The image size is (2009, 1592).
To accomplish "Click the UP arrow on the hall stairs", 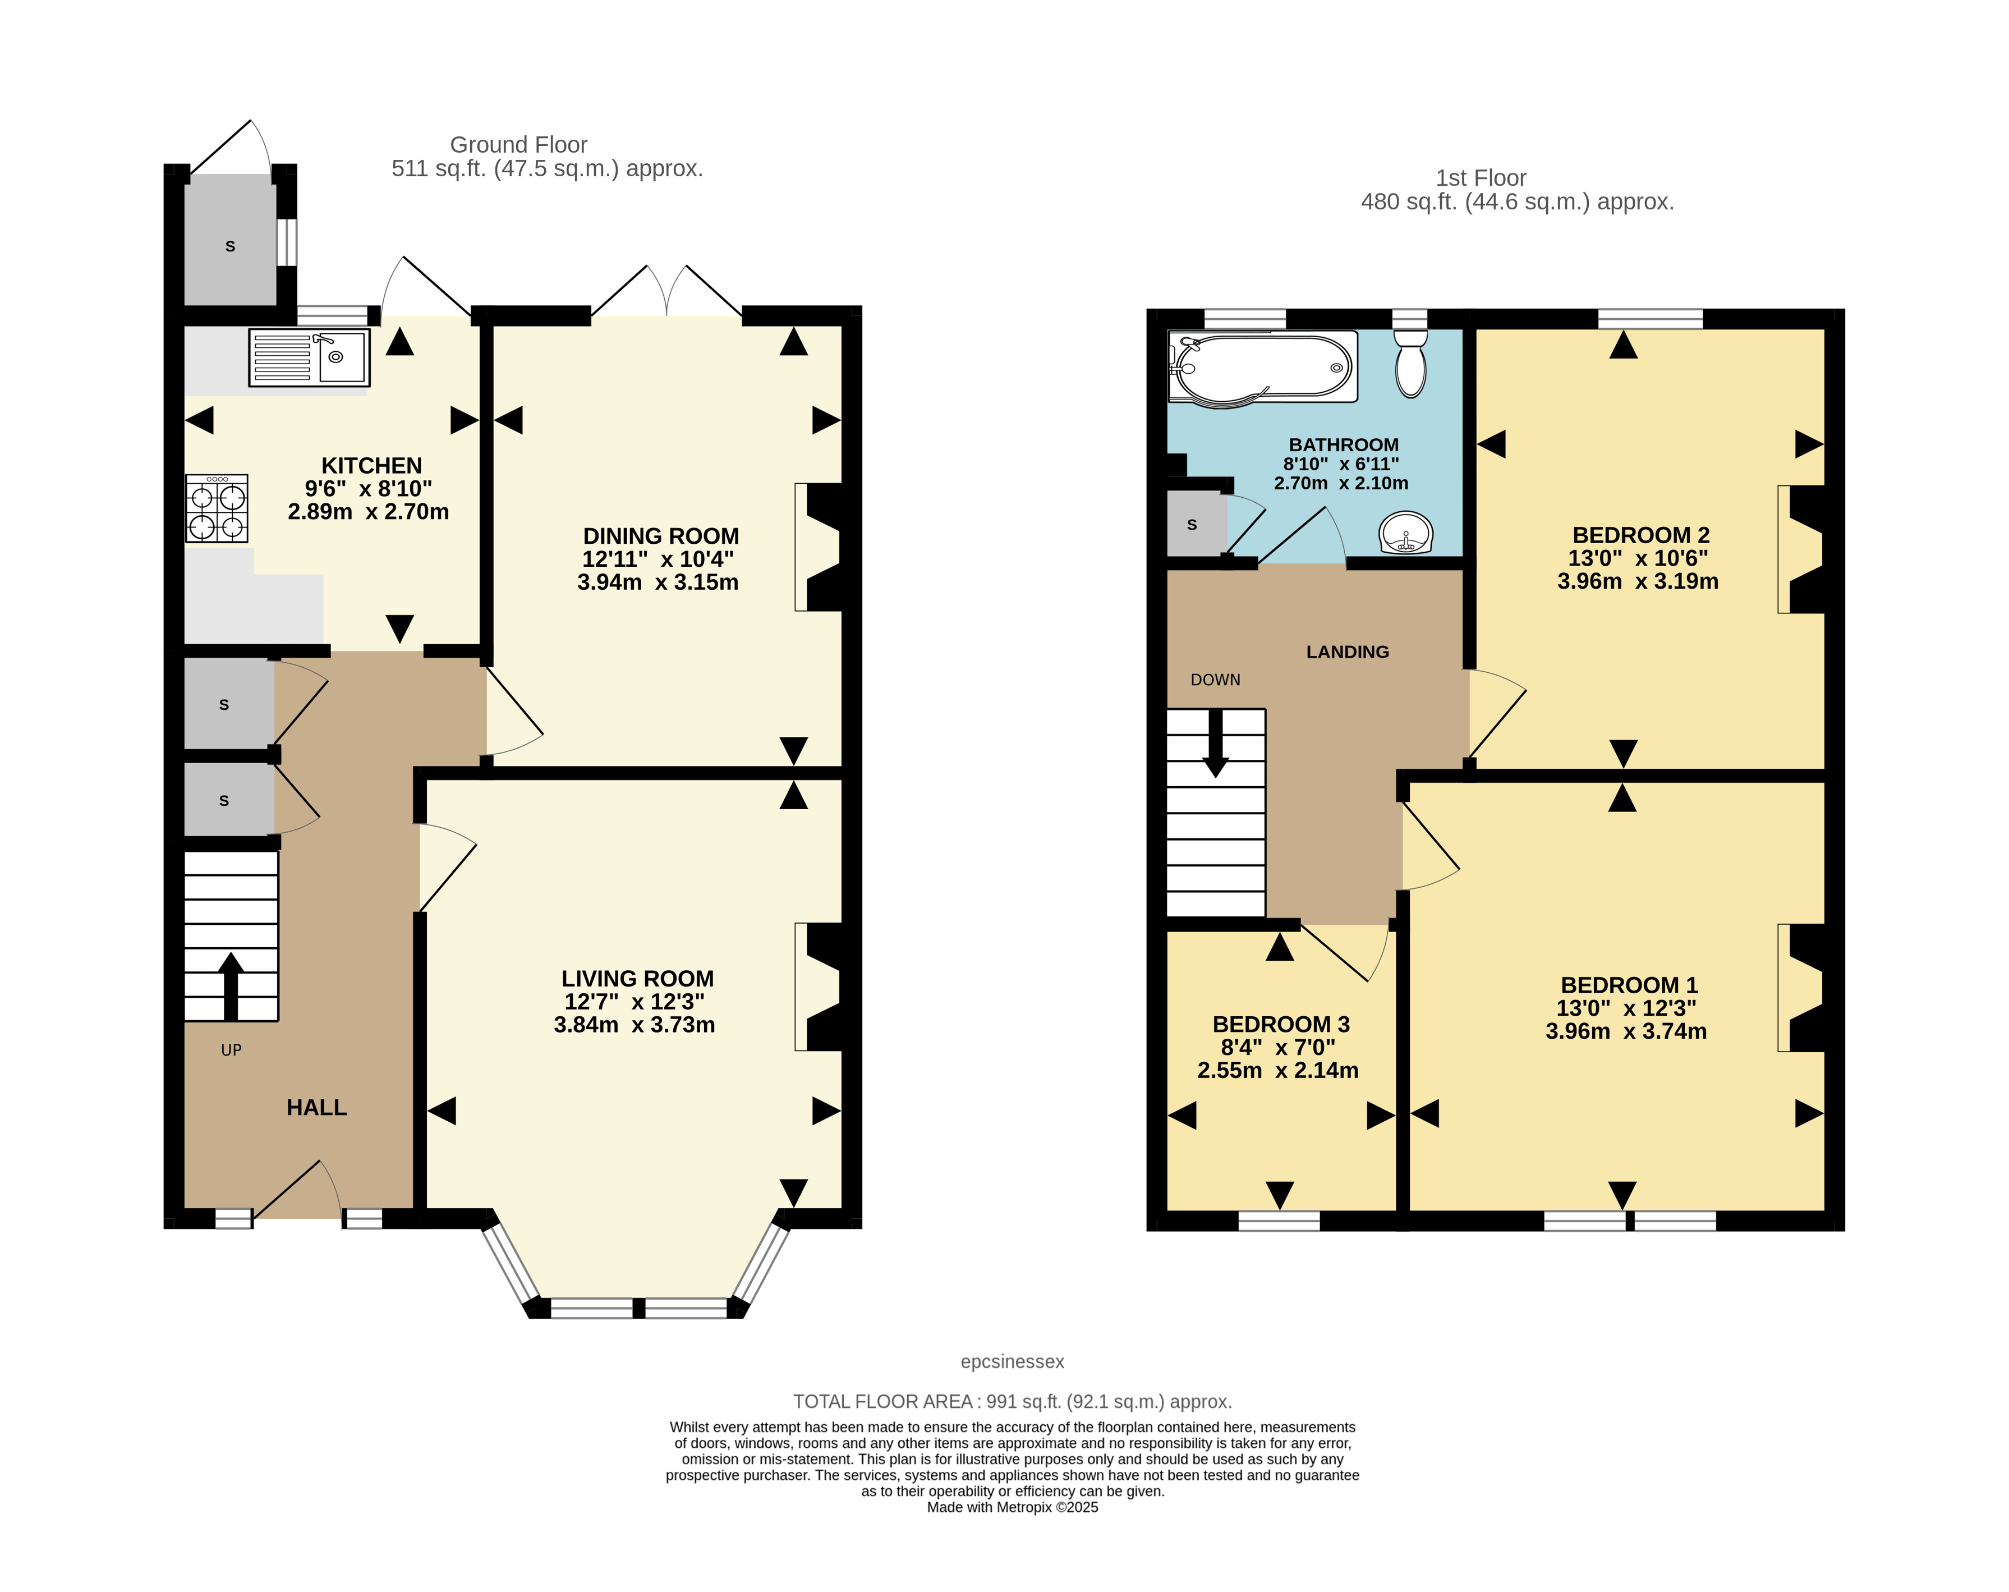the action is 230,986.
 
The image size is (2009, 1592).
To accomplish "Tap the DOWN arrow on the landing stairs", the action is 1215,743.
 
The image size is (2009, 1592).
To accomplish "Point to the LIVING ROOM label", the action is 637,979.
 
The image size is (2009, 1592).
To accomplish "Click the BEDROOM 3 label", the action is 1281,1024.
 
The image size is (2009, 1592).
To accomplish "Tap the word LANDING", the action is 1348,653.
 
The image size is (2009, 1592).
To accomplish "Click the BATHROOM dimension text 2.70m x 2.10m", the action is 1341,483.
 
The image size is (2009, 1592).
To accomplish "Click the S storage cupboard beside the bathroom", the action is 1197,524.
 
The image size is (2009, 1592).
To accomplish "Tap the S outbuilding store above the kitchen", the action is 230,244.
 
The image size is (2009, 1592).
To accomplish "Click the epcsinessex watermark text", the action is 1012,1362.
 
